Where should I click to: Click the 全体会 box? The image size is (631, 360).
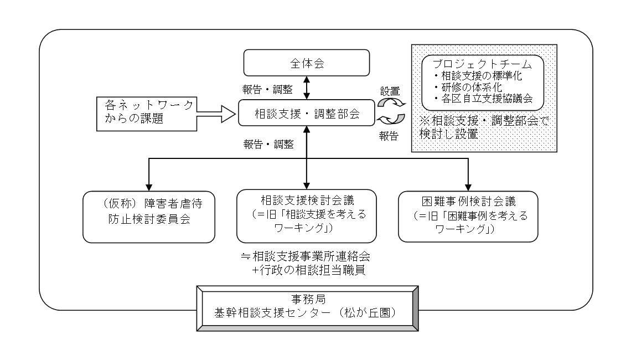click(306, 63)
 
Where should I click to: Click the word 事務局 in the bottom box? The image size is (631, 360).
click(306, 298)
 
